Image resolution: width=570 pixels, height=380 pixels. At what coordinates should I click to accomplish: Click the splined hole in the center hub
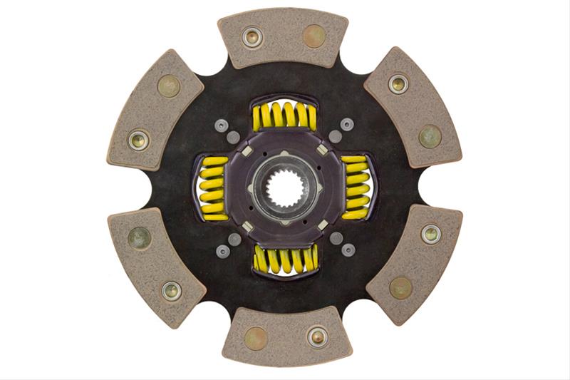pos(285,188)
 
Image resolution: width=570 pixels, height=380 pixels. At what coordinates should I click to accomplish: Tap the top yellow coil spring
pos(284,115)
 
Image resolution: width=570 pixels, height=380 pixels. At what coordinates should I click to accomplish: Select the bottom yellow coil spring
pos(284,260)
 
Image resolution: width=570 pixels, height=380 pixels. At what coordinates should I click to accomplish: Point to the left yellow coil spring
pos(212,188)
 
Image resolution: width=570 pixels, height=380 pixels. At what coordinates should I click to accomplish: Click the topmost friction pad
pos(284,37)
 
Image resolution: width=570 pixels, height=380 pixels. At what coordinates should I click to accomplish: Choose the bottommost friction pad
pos(286,337)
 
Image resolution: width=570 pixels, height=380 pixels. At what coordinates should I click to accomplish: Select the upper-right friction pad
pos(413,106)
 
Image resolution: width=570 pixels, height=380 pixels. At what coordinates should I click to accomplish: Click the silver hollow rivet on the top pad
pos(252,36)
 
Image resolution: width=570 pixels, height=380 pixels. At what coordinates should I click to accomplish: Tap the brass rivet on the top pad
pos(315,36)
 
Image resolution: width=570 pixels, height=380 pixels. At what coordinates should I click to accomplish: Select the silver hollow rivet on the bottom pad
pos(318,337)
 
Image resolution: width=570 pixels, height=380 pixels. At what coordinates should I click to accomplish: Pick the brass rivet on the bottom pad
pos(255,337)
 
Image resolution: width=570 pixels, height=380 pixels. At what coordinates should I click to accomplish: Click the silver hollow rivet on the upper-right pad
pos(398,84)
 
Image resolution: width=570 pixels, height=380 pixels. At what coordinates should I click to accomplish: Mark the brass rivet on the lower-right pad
pos(400,287)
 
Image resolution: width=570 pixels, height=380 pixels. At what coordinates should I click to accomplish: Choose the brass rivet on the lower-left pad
pos(140,238)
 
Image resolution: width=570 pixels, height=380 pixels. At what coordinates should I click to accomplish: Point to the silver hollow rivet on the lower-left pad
pos(171,290)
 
